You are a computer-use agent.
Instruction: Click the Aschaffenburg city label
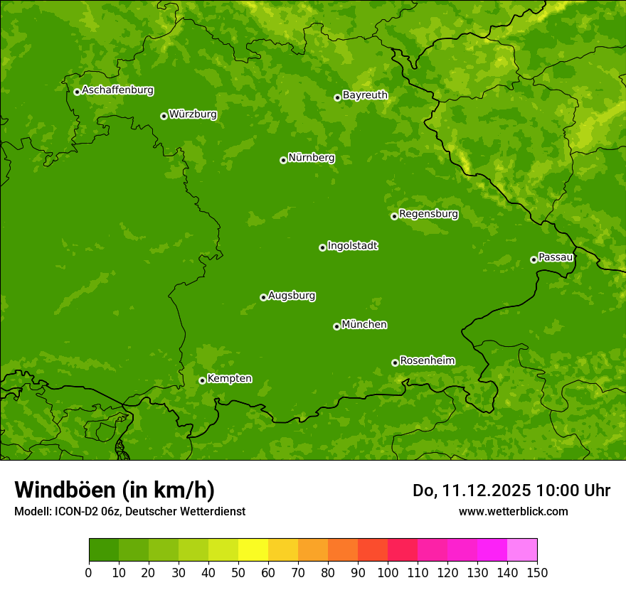(x=117, y=90)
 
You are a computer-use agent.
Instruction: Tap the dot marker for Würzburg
(x=164, y=116)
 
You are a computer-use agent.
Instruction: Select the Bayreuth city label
(x=365, y=95)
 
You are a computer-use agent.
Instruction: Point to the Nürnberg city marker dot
(x=283, y=160)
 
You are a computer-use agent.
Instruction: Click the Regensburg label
(x=428, y=213)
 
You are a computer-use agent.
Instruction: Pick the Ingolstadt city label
(x=352, y=245)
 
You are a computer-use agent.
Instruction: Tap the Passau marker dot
(x=534, y=259)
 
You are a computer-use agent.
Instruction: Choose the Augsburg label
(x=292, y=295)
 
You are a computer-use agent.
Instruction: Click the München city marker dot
(x=336, y=326)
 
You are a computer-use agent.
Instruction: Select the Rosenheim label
(x=427, y=360)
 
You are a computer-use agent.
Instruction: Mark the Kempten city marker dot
(x=202, y=380)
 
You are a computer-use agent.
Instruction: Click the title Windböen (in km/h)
(x=115, y=490)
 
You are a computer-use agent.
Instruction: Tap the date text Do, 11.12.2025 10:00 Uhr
(x=511, y=490)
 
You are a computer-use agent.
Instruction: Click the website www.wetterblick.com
(x=513, y=511)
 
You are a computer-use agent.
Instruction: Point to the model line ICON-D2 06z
(x=129, y=511)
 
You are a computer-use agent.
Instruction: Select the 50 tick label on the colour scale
(x=238, y=572)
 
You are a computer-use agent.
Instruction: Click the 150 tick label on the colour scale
(x=537, y=572)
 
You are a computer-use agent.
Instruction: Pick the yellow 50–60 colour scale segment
(x=253, y=550)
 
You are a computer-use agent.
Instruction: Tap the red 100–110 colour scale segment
(x=403, y=550)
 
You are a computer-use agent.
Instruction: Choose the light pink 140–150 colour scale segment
(x=522, y=550)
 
